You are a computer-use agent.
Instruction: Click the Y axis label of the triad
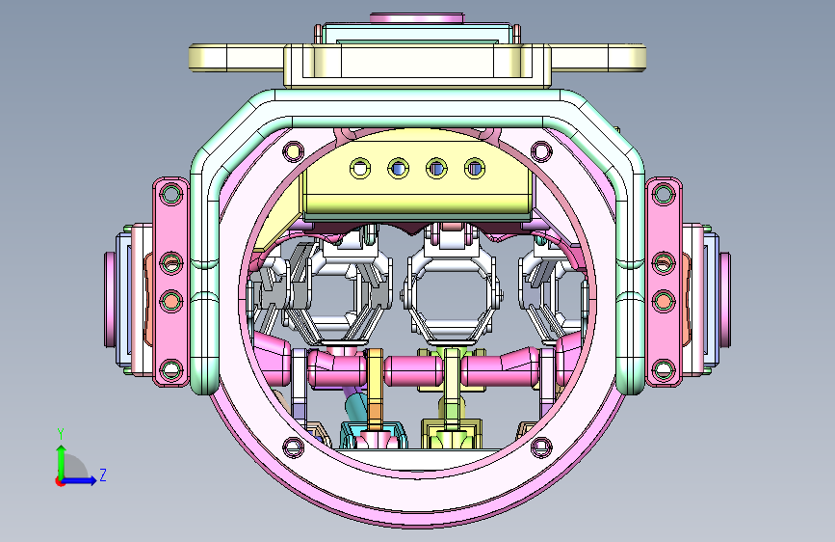pos(61,434)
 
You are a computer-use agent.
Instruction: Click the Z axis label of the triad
pos(103,474)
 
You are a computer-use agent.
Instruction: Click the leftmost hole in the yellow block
pos(360,169)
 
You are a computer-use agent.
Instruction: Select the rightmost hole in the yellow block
pos(475,169)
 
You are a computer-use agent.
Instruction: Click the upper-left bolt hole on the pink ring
pos(293,151)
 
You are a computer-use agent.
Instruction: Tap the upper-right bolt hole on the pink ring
pos(541,151)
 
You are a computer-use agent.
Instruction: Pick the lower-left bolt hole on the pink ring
pos(293,447)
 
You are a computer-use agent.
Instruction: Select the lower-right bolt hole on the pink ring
pos(541,447)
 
